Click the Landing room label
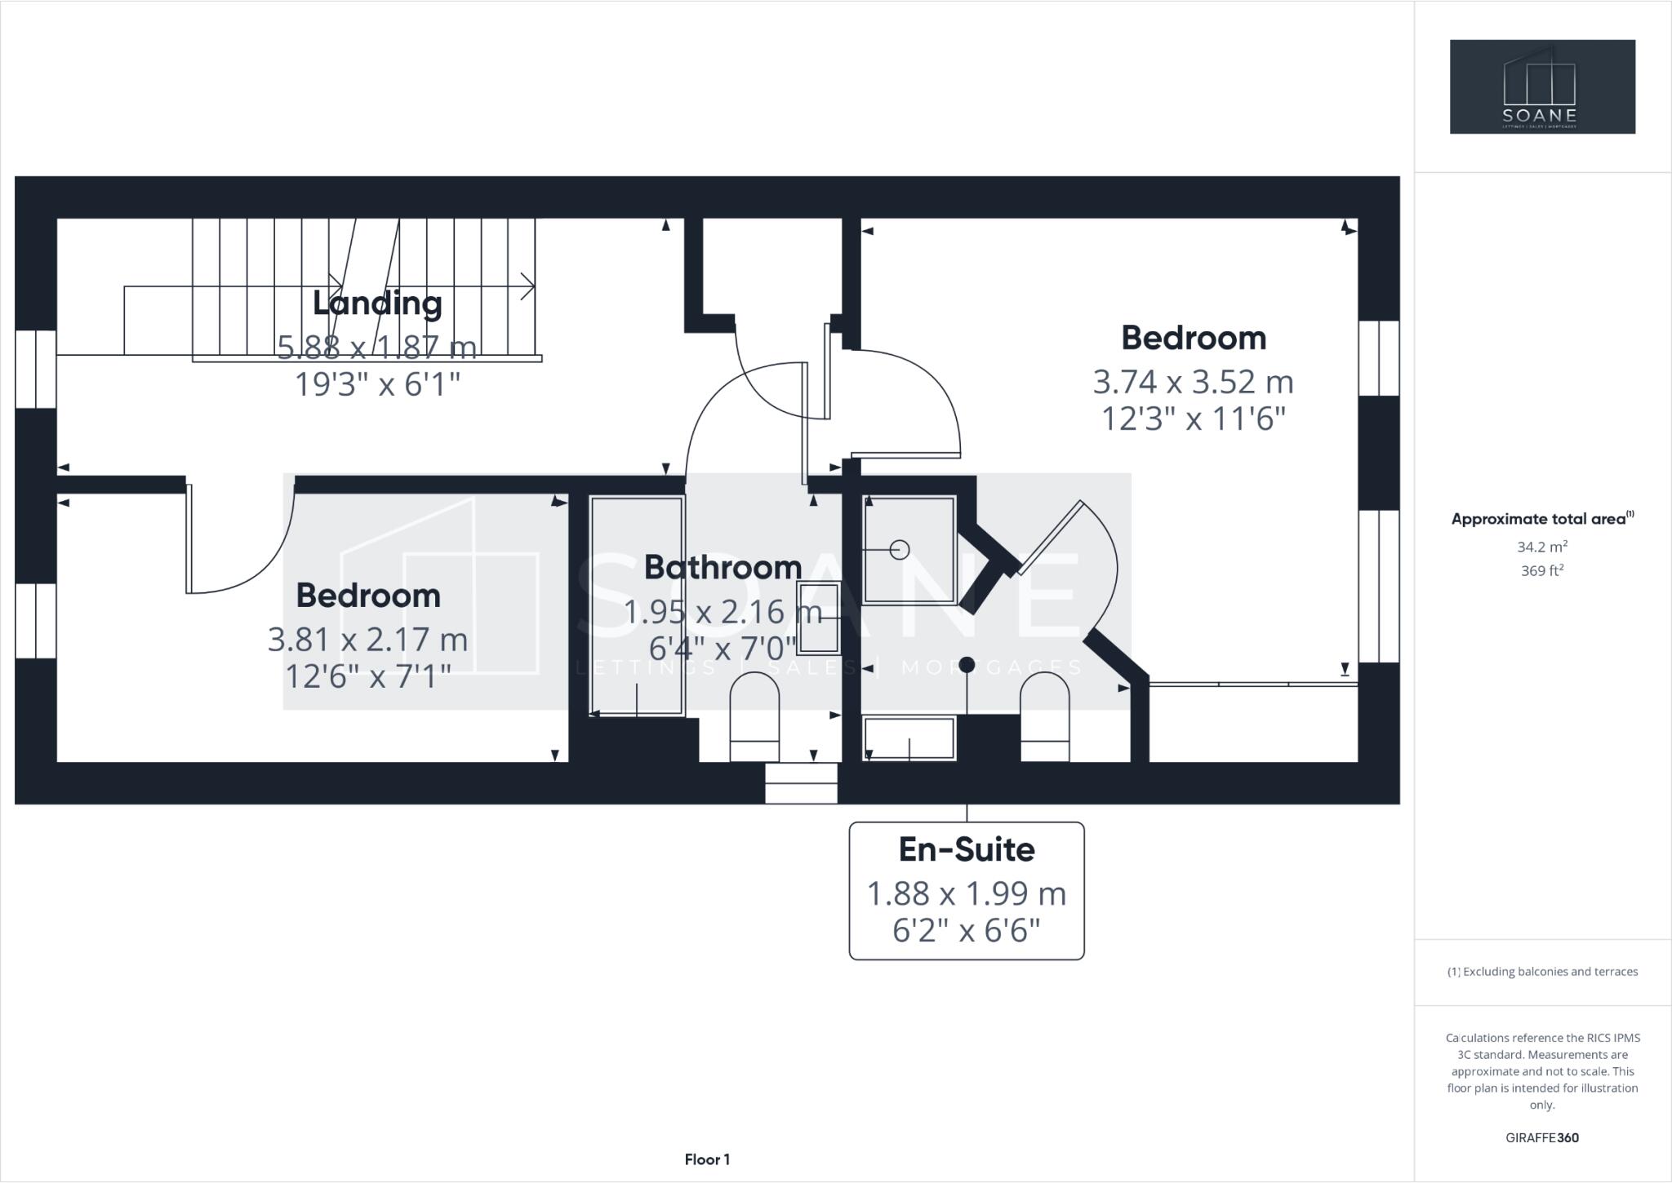377,304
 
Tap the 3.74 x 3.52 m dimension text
1193,382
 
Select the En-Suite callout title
967,849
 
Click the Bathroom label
723,567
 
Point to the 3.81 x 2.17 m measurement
367,639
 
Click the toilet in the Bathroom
754,716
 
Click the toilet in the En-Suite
1045,716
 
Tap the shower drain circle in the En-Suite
900,550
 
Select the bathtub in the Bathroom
636,606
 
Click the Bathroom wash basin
819,618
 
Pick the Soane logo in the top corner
1541,86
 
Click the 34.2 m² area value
1541,547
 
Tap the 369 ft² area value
1541,570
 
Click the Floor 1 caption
707,1159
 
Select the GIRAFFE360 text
1541,1137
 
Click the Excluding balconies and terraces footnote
1542,971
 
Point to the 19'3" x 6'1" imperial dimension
377,383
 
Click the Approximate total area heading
1541,518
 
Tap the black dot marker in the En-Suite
967,665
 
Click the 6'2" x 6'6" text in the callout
967,931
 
